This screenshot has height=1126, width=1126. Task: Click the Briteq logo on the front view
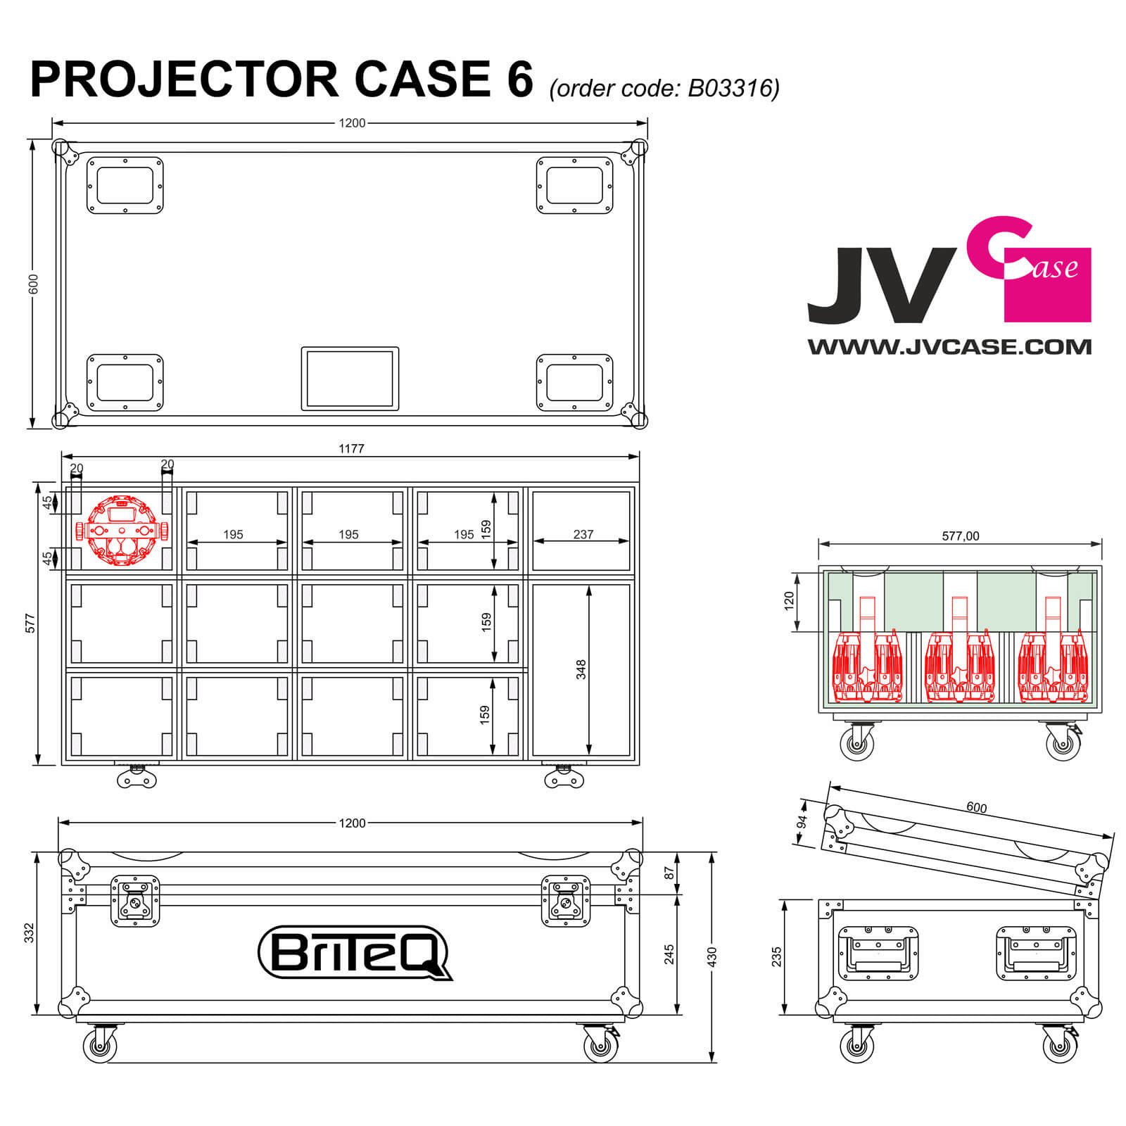coord(355,952)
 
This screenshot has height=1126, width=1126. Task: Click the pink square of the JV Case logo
coord(1047,285)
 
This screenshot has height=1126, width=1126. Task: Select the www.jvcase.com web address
coord(949,346)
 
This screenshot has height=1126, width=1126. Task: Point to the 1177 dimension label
coord(351,448)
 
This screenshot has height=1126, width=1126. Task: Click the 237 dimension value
coord(583,534)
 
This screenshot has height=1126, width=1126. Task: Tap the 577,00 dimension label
coord(960,536)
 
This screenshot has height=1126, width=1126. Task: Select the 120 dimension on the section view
coord(789,600)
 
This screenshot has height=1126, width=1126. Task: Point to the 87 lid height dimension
coord(670,872)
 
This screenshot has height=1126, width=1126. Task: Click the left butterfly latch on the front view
coord(135,901)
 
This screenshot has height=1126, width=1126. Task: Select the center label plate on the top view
coord(350,378)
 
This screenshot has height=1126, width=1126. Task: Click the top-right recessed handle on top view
coord(574,184)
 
